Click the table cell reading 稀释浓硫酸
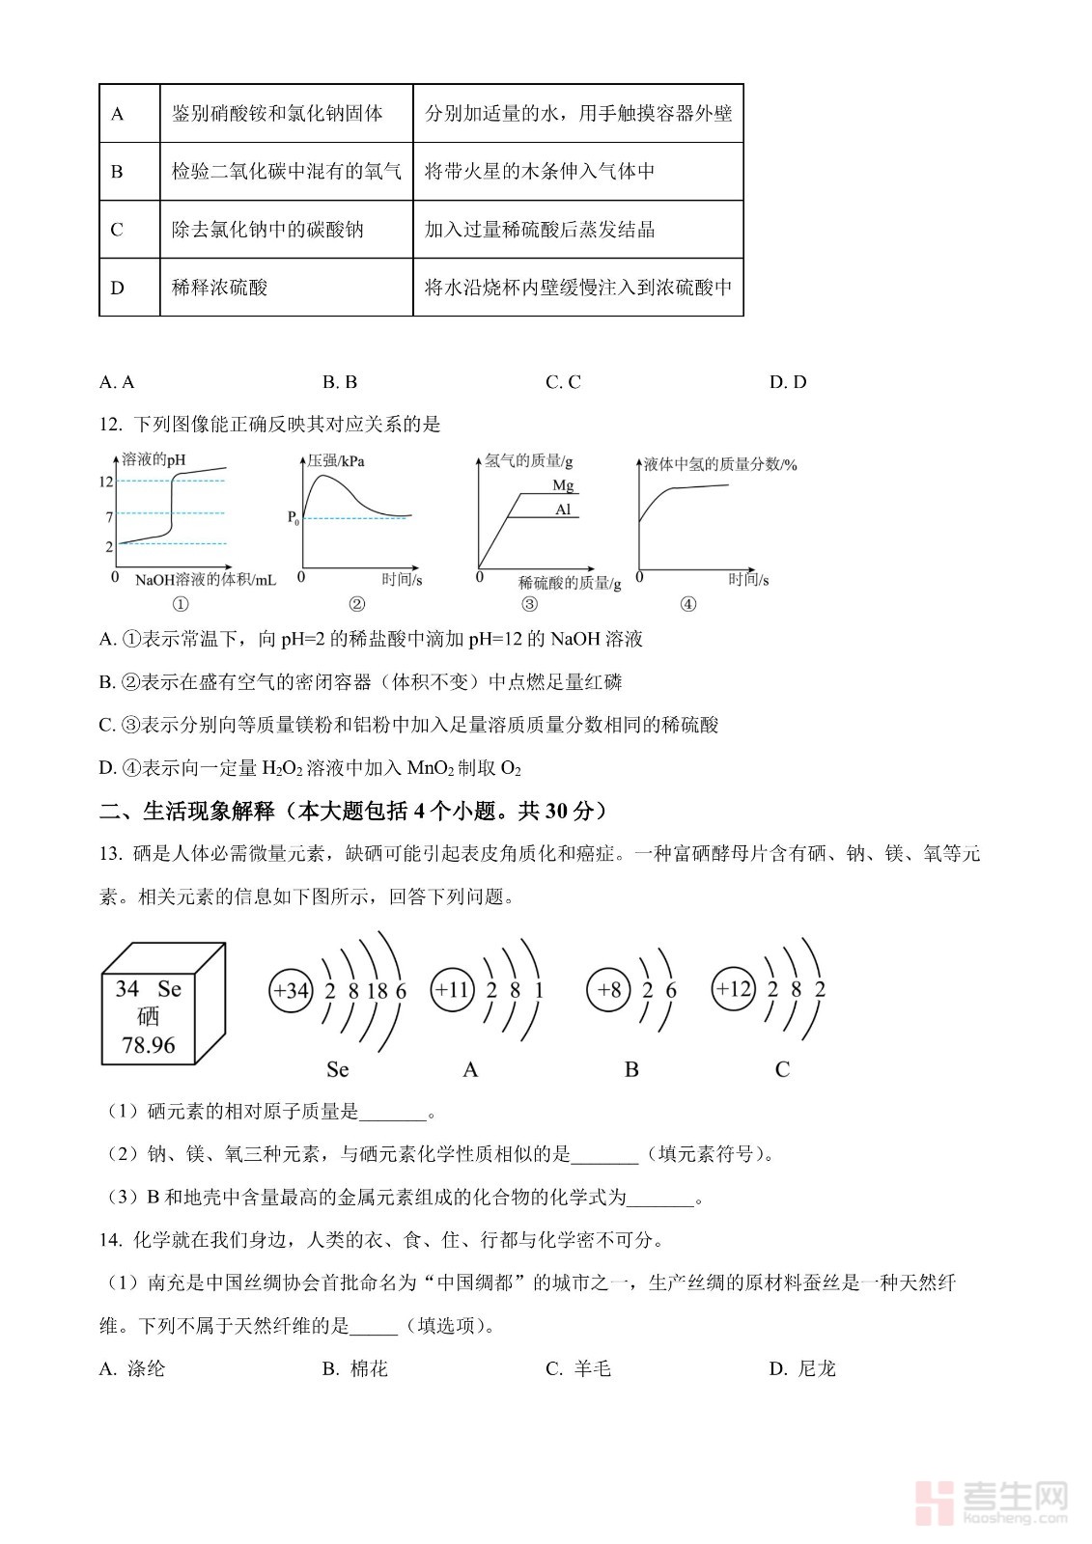219,288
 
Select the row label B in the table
118,172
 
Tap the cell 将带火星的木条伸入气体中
540,172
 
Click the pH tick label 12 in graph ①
106,482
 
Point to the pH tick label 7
109,517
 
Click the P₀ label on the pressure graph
294,518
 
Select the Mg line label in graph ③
563,484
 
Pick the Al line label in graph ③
563,510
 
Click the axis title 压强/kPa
336,460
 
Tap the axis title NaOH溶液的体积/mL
205,580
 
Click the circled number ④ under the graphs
687,605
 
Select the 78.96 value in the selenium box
149,1045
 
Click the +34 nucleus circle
291,990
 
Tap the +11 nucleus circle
452,990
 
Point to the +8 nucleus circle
609,990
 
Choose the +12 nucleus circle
734,989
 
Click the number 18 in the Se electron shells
377,991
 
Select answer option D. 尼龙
802,1368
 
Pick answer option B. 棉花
355,1368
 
